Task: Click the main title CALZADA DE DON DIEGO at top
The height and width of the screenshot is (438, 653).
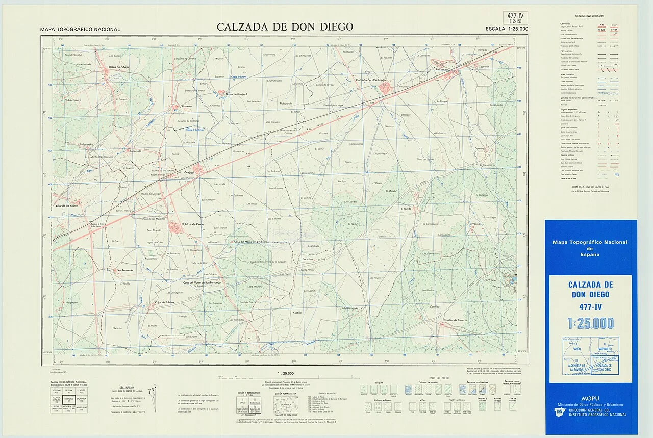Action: [x=285, y=27]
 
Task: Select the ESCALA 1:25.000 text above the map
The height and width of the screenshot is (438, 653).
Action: [x=507, y=29]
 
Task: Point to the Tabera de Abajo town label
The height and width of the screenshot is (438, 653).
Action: [x=118, y=67]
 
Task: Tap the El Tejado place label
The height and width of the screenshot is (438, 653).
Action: [x=406, y=209]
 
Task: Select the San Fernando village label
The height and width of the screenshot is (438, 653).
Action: [x=125, y=270]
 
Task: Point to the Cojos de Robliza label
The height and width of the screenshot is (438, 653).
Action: [x=164, y=302]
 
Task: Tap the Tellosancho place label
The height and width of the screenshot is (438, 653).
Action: [x=75, y=145]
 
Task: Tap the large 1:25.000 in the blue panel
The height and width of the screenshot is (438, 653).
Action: [x=590, y=323]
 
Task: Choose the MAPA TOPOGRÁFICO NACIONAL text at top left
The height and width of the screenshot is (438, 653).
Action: [x=80, y=30]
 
